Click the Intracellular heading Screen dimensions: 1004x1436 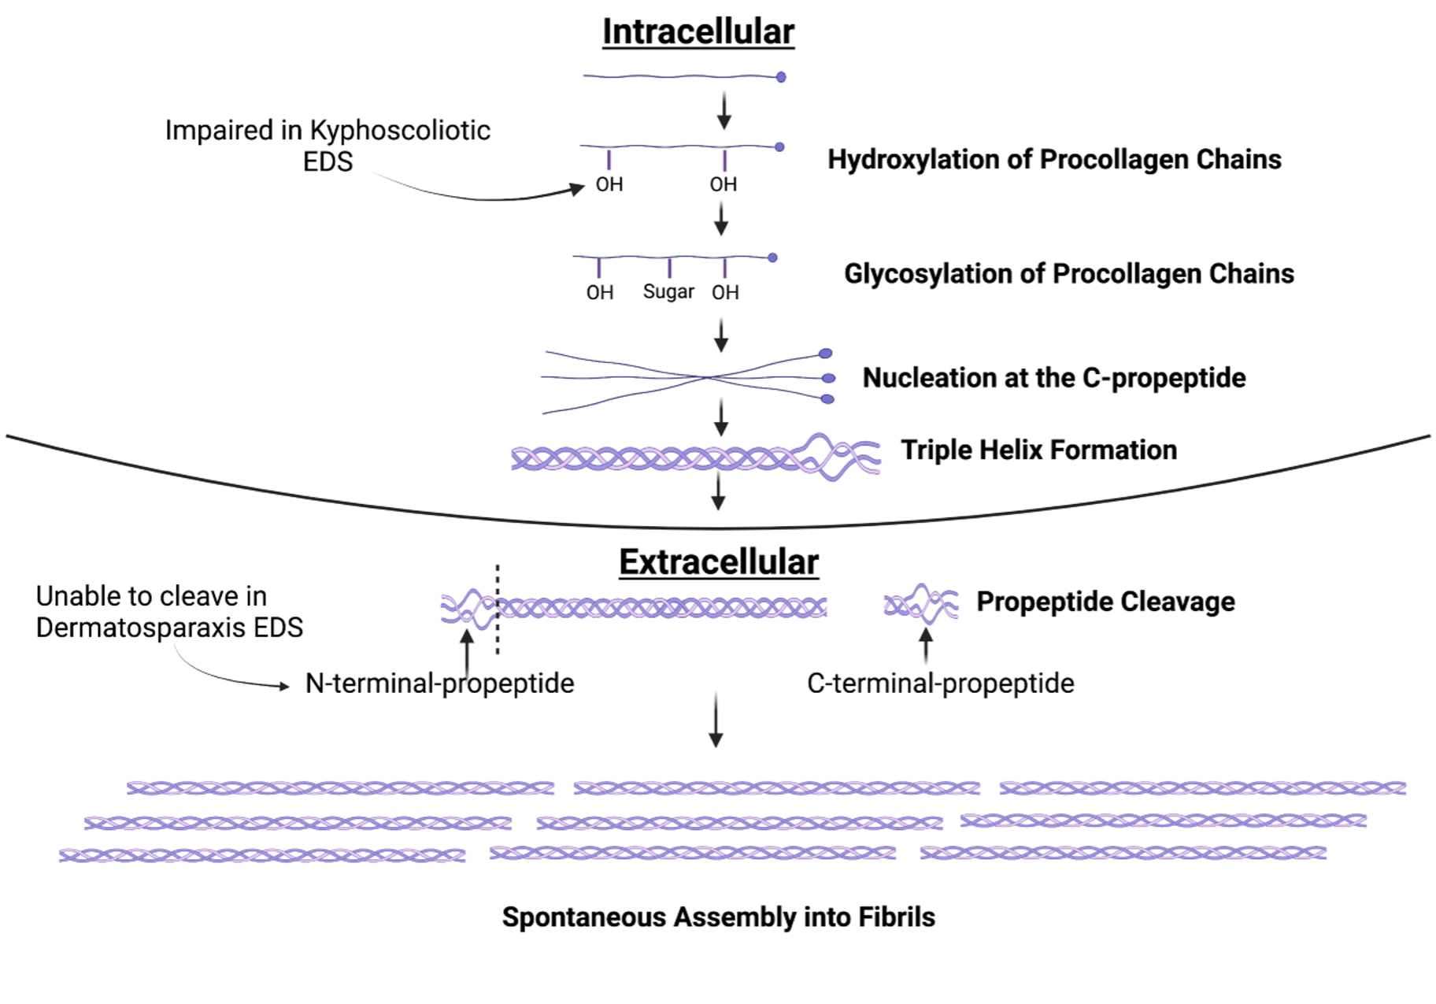coord(698,32)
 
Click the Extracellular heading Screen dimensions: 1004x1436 coord(719,562)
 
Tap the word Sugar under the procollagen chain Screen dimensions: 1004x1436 coord(668,291)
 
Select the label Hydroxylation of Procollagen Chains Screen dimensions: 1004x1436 coord(1054,159)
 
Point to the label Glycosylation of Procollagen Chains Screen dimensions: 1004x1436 coord(1069,273)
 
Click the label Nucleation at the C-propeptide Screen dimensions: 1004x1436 coord(1054,378)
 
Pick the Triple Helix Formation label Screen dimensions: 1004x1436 coord(1039,450)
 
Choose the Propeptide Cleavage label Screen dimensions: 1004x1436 coord(1105,602)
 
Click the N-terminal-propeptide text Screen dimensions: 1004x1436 coord(439,683)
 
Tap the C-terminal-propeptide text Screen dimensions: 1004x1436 coord(940,683)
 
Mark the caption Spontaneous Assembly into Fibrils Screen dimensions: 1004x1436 coord(718,917)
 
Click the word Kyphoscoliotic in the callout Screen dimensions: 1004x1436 coord(400,130)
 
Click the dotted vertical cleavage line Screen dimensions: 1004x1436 coord(498,610)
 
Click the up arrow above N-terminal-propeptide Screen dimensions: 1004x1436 coord(468,650)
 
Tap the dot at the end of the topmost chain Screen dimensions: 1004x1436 coord(781,77)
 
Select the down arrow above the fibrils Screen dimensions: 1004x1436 coord(716,721)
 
